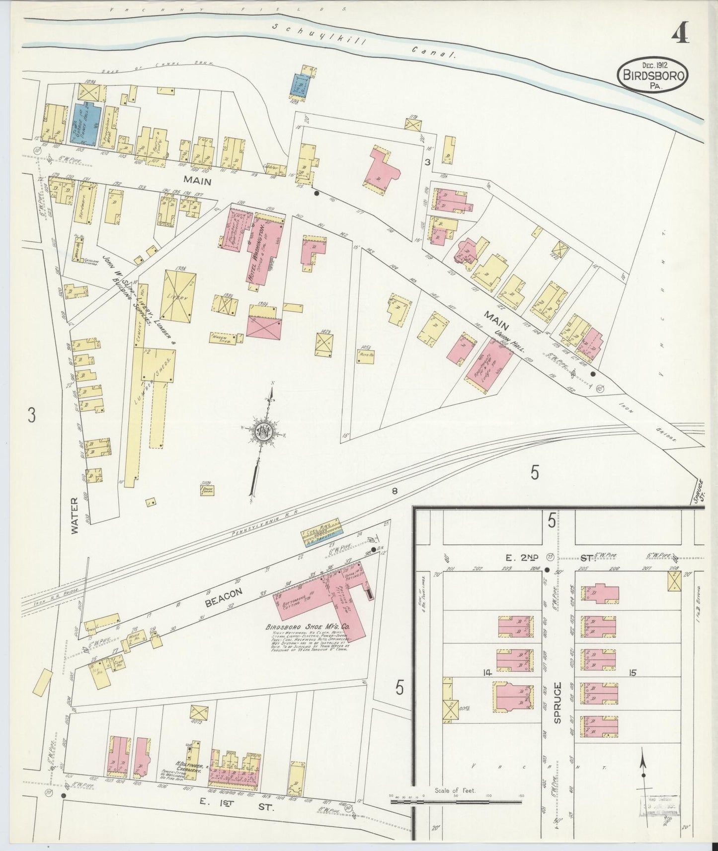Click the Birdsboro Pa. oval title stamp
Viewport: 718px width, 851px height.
click(x=653, y=75)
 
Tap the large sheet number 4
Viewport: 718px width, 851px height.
click(x=680, y=34)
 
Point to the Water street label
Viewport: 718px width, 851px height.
click(x=75, y=523)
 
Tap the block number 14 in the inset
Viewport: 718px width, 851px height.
click(x=486, y=673)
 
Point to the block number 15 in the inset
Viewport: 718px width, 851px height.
click(x=632, y=673)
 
